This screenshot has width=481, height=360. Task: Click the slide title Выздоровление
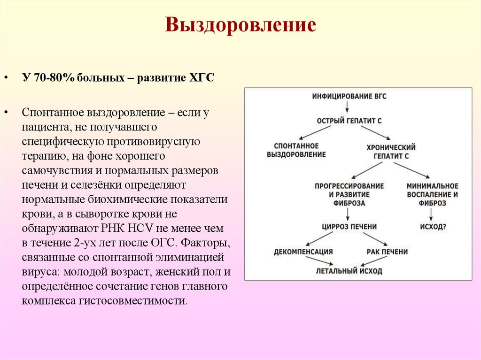point(240,25)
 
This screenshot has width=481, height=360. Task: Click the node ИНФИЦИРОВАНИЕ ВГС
point(349,96)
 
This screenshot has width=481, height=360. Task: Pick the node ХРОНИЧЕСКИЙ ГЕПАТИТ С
point(391,151)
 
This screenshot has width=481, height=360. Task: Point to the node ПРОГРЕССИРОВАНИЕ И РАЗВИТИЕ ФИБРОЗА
point(349,194)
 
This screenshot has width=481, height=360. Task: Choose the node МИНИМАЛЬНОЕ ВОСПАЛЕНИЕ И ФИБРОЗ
point(432,194)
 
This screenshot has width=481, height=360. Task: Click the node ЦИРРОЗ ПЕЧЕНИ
point(349,227)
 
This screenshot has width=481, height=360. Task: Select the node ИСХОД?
point(433,227)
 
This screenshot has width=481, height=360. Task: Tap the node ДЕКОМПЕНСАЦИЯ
point(303,252)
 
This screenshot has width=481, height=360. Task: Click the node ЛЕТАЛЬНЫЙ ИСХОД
point(349,271)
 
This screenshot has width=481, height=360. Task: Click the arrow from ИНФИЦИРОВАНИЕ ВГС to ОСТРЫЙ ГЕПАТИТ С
point(348,108)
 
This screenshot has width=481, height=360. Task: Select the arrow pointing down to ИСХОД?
point(431,214)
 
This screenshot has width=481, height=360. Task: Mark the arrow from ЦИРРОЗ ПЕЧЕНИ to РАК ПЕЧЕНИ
point(373,239)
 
